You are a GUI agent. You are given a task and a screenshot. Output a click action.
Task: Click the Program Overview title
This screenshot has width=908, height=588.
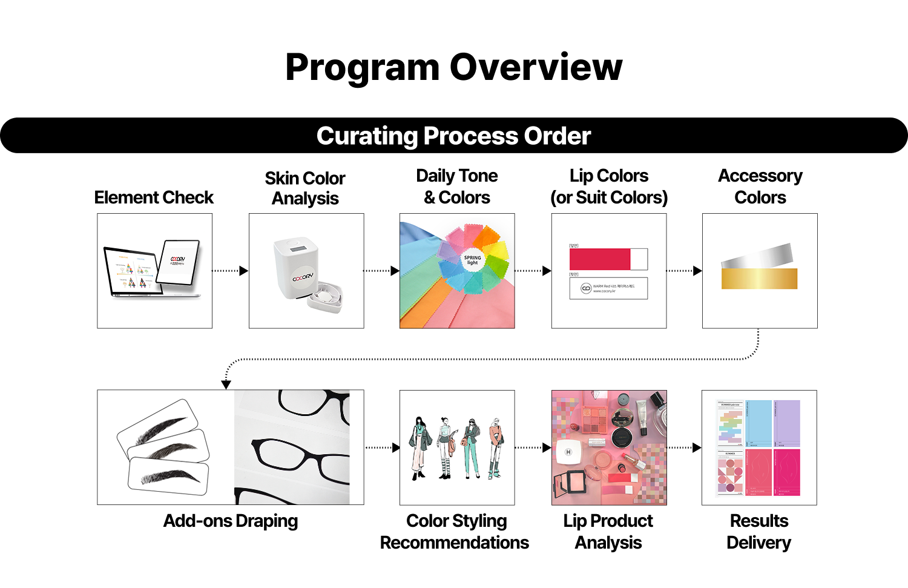(453, 67)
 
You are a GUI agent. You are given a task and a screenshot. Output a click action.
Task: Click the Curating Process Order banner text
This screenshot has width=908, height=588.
(453, 136)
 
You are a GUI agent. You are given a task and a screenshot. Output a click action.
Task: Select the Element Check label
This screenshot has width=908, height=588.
(154, 197)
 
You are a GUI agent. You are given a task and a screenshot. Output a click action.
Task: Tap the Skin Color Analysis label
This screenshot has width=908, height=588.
(305, 188)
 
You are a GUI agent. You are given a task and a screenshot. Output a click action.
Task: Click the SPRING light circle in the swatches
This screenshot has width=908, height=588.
(472, 260)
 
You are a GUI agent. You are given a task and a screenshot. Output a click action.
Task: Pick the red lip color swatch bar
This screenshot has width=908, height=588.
(600, 259)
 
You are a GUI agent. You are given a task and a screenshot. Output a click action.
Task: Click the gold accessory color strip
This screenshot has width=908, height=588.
(759, 279)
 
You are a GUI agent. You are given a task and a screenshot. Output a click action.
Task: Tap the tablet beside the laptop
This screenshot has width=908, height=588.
(178, 262)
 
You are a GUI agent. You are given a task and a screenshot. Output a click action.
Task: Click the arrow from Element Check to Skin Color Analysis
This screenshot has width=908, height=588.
(230, 271)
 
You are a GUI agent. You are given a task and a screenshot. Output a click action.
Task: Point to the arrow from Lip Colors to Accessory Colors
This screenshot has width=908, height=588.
(684, 271)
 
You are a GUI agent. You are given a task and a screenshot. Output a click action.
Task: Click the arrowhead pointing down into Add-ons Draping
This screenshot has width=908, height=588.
(226, 384)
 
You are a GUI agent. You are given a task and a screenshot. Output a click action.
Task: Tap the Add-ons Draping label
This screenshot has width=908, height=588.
(230, 521)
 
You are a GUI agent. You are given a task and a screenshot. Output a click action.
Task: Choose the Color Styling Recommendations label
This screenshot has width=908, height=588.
(455, 532)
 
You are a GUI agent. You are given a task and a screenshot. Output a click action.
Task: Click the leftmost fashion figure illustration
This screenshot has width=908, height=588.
(419, 448)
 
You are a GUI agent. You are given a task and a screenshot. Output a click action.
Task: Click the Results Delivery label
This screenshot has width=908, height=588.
(759, 532)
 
